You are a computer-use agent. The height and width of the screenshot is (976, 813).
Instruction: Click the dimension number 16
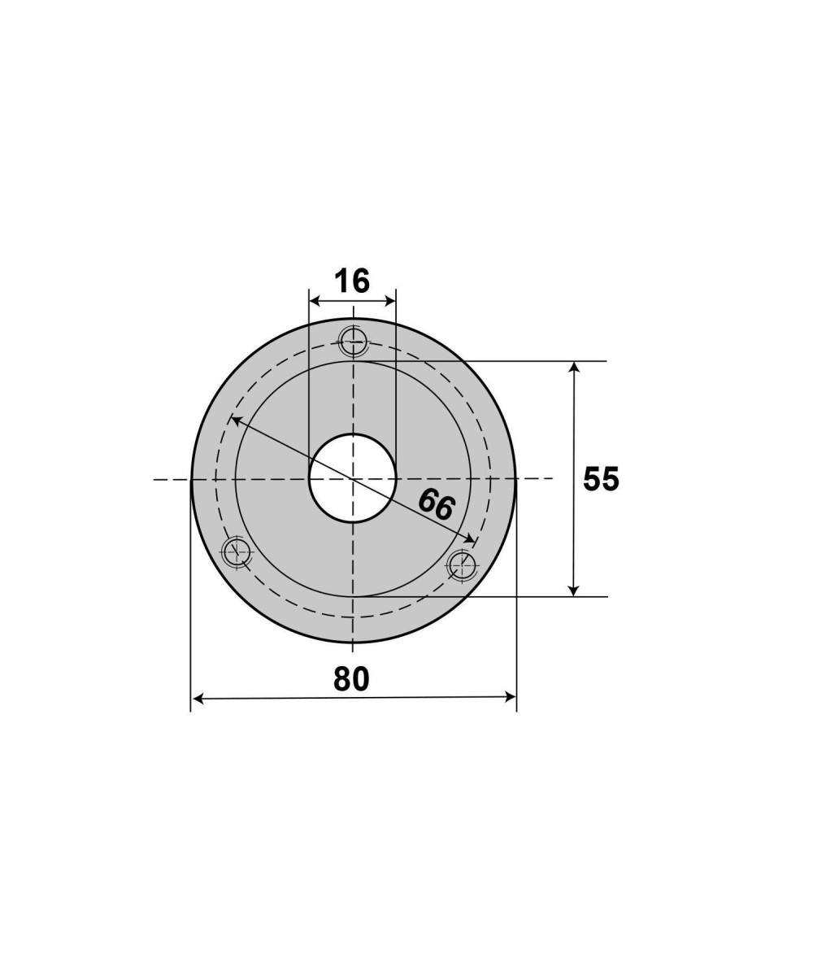pos(352,281)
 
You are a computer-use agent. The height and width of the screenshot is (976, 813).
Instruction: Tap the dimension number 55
pos(601,479)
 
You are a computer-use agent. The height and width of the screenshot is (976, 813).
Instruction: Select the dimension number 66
pos(436,504)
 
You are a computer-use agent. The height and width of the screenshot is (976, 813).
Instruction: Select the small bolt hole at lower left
pos(237,551)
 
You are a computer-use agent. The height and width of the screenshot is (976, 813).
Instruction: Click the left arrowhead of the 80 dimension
pos(198,699)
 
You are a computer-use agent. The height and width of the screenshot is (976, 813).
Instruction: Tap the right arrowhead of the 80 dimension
pos(511,697)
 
